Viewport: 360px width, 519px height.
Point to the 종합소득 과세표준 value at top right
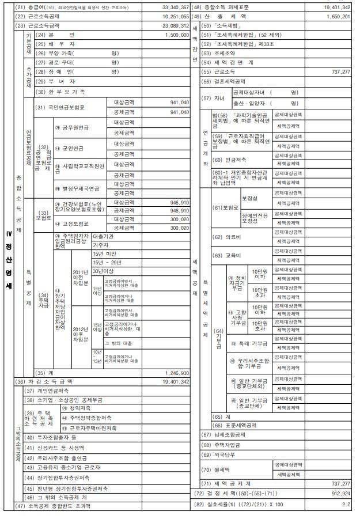334,7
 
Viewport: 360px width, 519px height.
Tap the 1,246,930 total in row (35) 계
177,373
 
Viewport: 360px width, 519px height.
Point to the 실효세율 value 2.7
346,505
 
